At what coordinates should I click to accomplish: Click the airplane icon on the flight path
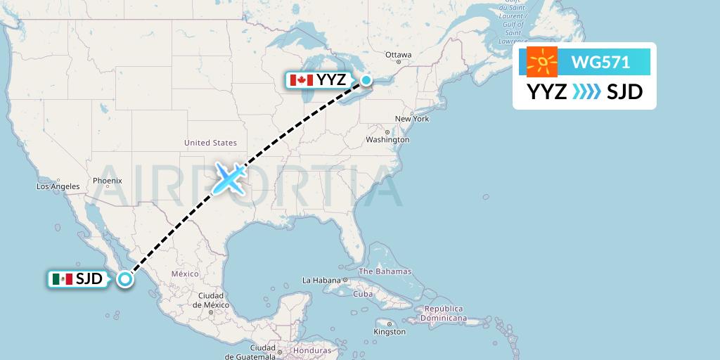point(229,178)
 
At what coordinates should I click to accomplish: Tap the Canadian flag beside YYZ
point(301,80)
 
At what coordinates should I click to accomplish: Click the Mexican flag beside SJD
point(62,279)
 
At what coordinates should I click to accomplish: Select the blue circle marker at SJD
point(124,279)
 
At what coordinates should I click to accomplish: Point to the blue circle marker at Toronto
point(366,80)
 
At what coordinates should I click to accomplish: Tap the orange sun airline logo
point(542,63)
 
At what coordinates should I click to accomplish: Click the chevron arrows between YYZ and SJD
point(586,91)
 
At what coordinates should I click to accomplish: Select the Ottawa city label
point(398,55)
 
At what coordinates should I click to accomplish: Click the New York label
point(412,119)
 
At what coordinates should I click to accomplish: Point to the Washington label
point(387,139)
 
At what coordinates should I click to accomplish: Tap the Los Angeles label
point(58,186)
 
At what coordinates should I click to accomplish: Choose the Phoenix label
point(108,181)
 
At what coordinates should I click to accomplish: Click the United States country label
point(210,143)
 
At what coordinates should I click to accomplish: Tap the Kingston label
point(390,331)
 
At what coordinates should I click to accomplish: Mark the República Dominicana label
point(443,314)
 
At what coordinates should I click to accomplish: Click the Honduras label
point(312,350)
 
